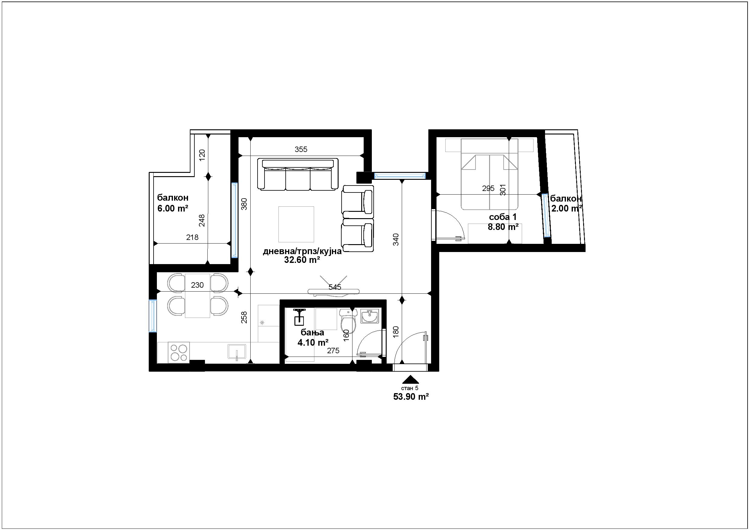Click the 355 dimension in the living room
coord(301,149)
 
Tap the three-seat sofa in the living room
coord(297,174)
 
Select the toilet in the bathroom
coord(346,320)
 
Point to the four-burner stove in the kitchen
coord(178,352)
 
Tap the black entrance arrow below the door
coord(411,379)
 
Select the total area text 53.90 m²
coord(411,397)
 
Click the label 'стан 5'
coord(410,388)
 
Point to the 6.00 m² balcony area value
coord(173,208)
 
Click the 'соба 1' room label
coord(503,217)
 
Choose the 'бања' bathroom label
coord(312,332)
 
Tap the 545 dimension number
coord(335,287)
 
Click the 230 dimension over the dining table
coord(197,285)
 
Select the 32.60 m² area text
coord(302,260)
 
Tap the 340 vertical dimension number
coord(396,239)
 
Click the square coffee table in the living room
coord(296,224)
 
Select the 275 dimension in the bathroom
coord(333,351)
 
